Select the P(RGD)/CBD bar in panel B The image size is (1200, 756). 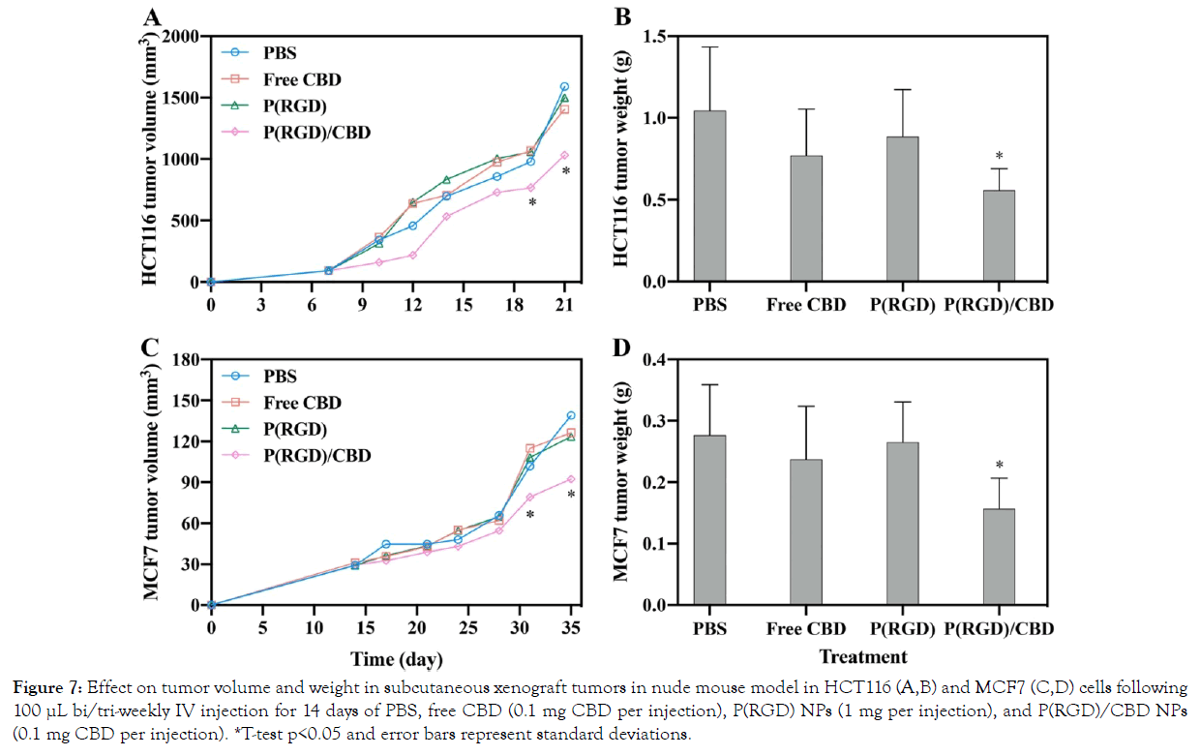click(x=999, y=236)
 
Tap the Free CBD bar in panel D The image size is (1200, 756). click(x=806, y=532)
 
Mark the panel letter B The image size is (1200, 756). click(x=623, y=16)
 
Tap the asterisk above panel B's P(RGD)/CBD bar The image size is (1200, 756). click(x=999, y=157)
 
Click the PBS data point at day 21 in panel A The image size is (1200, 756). click(x=564, y=87)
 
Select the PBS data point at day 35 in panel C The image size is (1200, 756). click(x=571, y=416)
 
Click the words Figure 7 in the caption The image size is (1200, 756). click(x=49, y=688)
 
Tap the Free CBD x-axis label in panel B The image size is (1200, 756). click(x=806, y=306)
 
